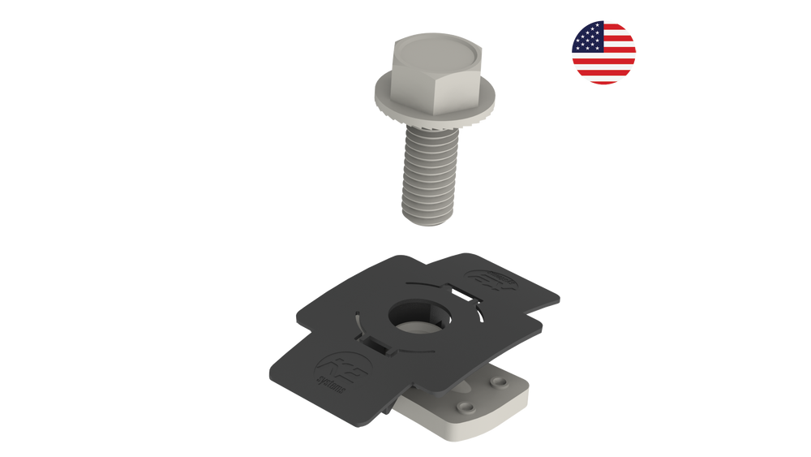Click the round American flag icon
tap(603, 52)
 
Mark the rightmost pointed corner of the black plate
tap(563, 296)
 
